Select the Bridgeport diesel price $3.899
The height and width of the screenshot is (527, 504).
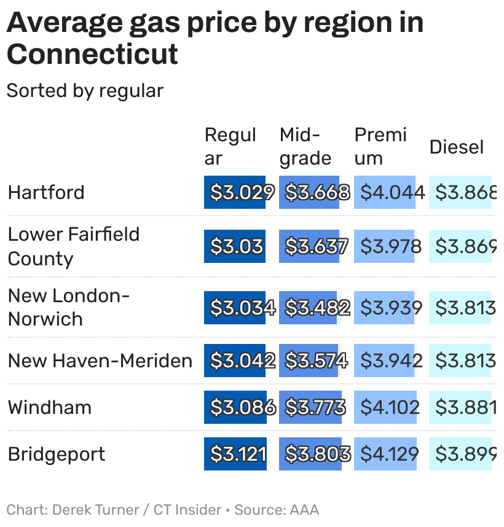(x=465, y=454)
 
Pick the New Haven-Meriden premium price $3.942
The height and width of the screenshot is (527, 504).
(x=390, y=361)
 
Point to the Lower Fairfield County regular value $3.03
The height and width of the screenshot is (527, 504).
(x=236, y=246)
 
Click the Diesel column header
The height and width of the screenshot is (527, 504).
(x=456, y=147)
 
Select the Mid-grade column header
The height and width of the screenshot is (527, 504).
(x=305, y=146)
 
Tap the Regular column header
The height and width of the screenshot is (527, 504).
(x=230, y=146)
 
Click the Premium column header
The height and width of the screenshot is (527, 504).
(x=380, y=146)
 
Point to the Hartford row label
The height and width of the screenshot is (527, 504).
(x=46, y=192)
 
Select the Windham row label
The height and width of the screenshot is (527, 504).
(x=49, y=407)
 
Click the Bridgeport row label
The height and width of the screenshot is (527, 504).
(x=57, y=454)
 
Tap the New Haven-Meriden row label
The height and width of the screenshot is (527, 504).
(x=100, y=361)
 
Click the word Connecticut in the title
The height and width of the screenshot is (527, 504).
(x=92, y=53)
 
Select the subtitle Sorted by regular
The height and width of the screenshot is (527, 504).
(x=85, y=91)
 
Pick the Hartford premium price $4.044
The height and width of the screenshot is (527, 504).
(x=392, y=192)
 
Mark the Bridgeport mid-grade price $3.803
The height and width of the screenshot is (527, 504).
(x=317, y=454)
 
